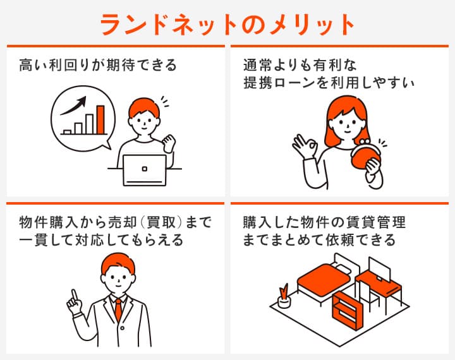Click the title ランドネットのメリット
[x=227, y=23]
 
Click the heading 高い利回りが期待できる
[x=97, y=65]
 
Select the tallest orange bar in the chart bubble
[x=100, y=119]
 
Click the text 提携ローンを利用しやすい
[x=329, y=82]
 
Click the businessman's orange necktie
[x=118, y=309]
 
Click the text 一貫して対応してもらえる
[x=101, y=241]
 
